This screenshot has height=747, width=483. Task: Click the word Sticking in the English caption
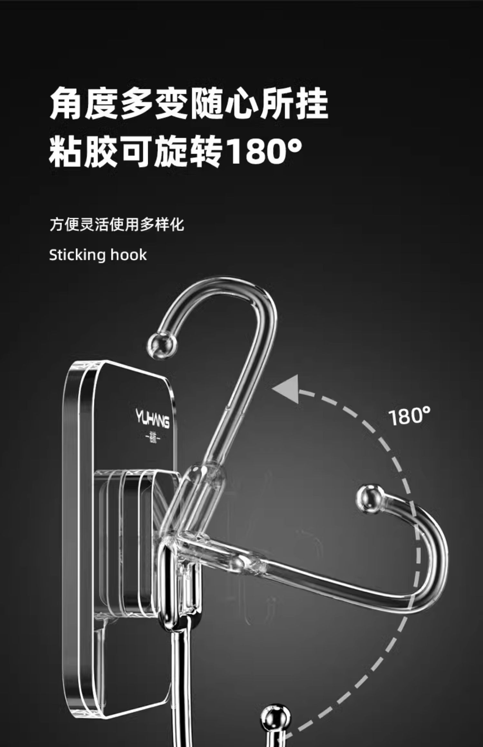(77, 255)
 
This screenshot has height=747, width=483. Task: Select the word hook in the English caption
(129, 255)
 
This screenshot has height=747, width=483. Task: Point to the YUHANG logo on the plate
(152, 419)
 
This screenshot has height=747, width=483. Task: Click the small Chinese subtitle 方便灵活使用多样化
(117, 224)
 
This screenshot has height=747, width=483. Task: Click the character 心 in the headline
(241, 103)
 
